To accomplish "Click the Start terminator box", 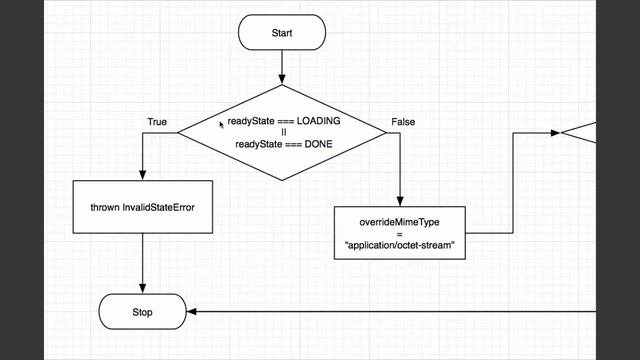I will (282, 33).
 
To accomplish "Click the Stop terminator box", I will (142, 311).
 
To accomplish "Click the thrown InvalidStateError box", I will (142, 207).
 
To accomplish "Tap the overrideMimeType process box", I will (399, 232).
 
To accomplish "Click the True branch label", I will (157, 122).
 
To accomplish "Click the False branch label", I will (403, 122).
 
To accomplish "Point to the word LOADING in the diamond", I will (316, 120).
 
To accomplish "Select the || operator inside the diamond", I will (283, 132).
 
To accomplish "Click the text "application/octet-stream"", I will (399, 245).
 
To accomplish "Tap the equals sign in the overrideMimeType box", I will (399, 232).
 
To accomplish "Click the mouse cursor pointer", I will (222, 125).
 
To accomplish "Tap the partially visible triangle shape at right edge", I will (580, 131).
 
